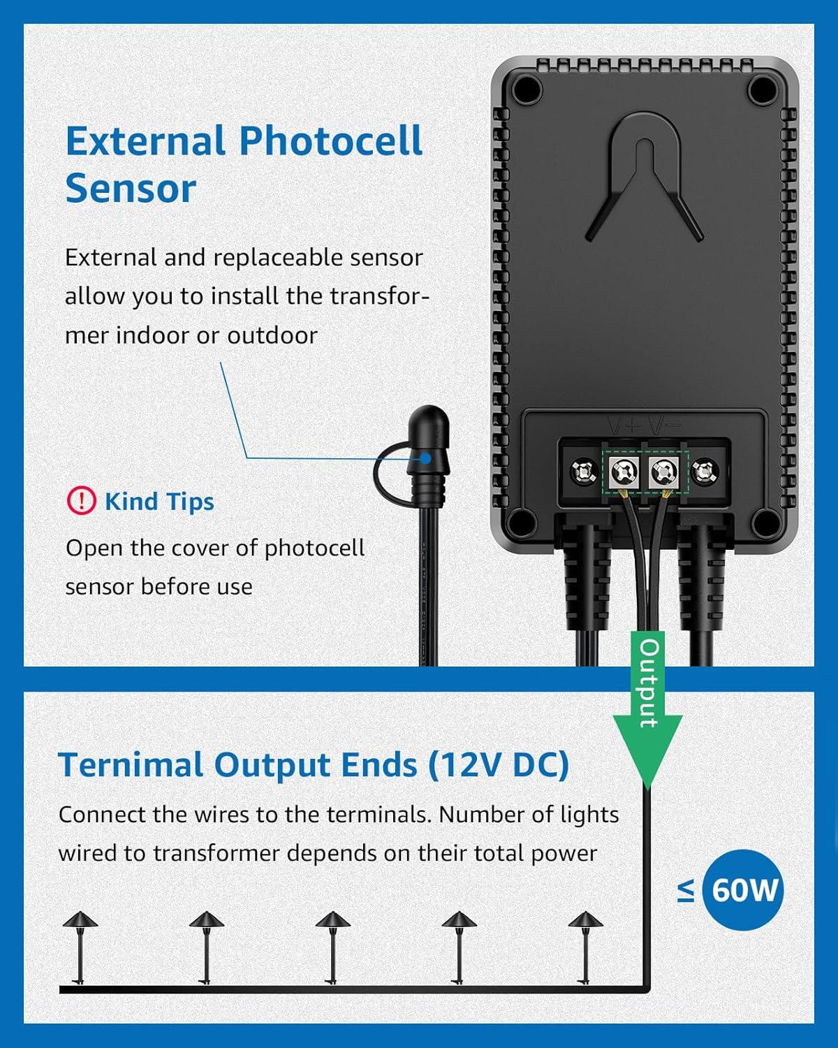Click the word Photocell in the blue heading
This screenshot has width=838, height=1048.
[331, 142]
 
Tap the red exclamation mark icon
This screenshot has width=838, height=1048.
[81, 501]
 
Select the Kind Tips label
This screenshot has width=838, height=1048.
[159, 502]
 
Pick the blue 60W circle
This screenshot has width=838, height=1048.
[743, 890]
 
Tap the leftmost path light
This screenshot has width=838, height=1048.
[80, 947]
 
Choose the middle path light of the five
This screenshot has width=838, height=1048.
[332, 947]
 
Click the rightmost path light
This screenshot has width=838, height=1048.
[585, 947]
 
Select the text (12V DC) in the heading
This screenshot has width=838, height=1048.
[498, 765]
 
